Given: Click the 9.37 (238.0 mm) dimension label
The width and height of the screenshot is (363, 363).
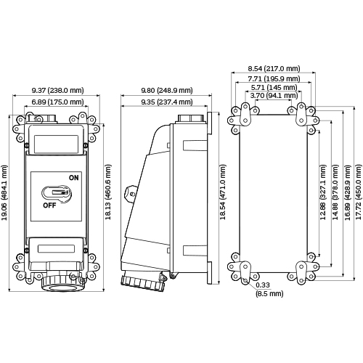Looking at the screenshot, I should tap(57, 90).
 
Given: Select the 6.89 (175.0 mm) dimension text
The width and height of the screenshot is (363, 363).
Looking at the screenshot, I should tap(57, 102).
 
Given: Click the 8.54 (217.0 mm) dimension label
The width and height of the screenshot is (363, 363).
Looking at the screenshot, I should tap(274, 68).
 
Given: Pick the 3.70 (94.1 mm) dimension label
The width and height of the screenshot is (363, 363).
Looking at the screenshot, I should tap(274, 95).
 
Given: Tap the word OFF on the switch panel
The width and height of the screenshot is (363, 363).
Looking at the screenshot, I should tap(49, 205).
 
